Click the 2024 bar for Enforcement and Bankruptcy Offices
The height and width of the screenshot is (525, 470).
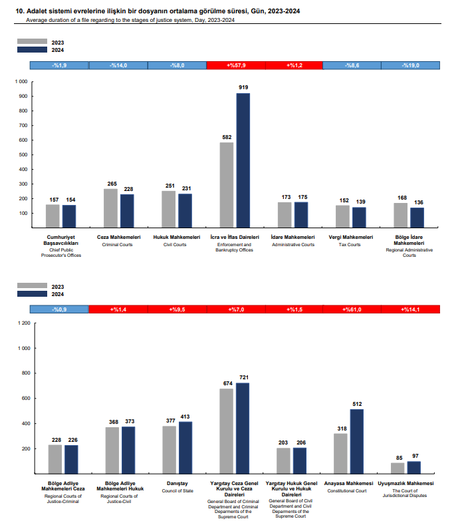click(x=243, y=160)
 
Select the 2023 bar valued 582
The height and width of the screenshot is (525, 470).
click(x=227, y=185)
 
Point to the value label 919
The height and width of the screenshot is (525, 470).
click(x=243, y=87)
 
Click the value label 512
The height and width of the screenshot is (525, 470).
click(x=357, y=403)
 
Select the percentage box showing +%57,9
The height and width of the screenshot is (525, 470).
click(x=236, y=65)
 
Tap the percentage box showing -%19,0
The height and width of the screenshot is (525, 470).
click(x=410, y=65)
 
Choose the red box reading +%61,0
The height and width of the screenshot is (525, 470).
click(x=352, y=309)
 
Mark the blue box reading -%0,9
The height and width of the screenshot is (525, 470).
click(x=59, y=309)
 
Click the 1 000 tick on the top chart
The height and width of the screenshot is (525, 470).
click(x=21, y=82)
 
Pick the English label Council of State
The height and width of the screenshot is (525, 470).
click(x=177, y=491)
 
